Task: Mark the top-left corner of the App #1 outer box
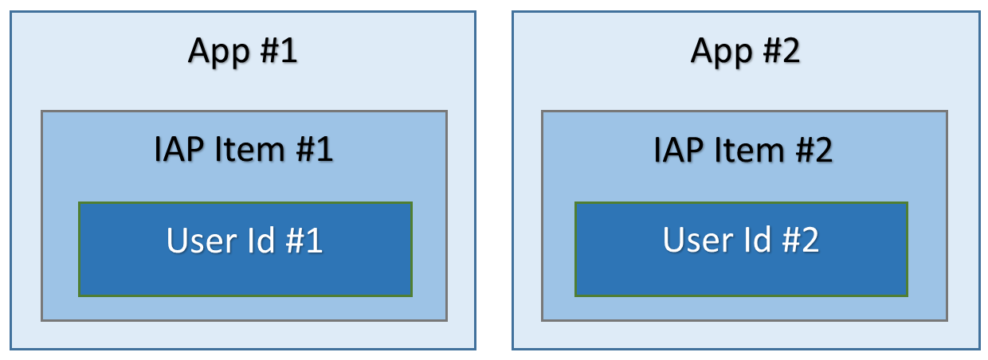click(10, 11)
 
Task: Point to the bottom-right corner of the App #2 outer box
click(979, 349)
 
